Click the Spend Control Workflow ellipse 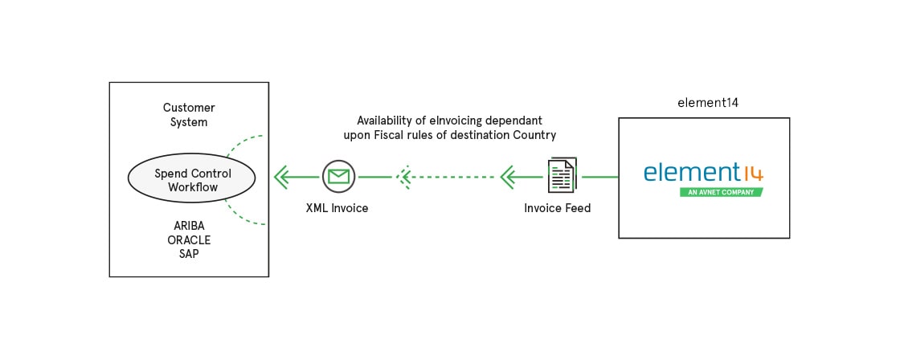[192, 179]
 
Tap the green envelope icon [338, 175]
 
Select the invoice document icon [561, 175]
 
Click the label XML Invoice [337, 208]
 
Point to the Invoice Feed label [557, 208]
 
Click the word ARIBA [189, 225]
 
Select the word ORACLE [189, 239]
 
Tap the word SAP [189, 254]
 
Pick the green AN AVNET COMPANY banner [720, 193]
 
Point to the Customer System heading [189, 115]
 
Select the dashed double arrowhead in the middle [404, 175]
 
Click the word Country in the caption [534, 134]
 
